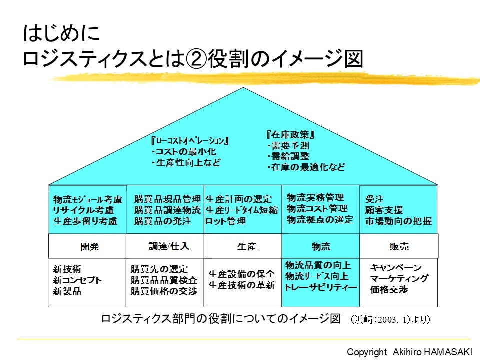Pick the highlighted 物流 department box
click(321, 246)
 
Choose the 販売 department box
click(399, 246)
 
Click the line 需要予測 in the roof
click(290, 146)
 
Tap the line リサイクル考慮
click(83, 210)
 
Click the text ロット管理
click(226, 221)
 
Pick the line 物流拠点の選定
click(320, 219)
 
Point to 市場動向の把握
click(399, 221)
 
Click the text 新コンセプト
click(77, 280)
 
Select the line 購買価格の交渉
click(164, 291)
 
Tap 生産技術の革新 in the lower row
click(241, 285)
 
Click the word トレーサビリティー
click(321, 287)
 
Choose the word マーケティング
click(399, 279)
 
